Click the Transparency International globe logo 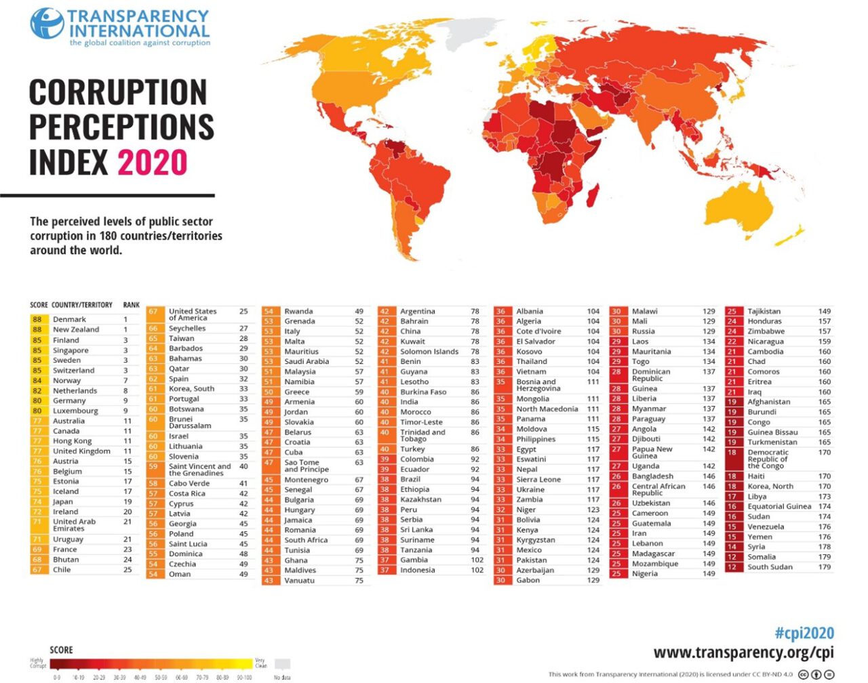pos(47,23)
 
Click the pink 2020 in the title pos(153,163)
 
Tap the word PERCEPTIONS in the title pos(121,127)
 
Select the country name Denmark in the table pos(69,319)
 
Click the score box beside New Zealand pos(37,329)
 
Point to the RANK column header pos(131,305)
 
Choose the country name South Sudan pos(770,567)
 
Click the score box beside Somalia pos(732,557)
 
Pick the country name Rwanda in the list pos(298,312)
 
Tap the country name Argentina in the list pos(418,312)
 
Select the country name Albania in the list pos(529,312)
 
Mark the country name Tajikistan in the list pos(764,312)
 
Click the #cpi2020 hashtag pos(804,634)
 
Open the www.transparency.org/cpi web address pos(743,653)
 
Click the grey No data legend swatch pos(282,664)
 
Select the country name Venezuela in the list pos(766,526)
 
